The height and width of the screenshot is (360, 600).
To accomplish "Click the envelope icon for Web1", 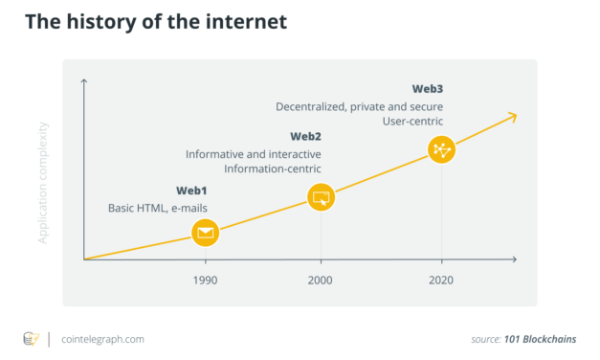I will [x=205, y=233].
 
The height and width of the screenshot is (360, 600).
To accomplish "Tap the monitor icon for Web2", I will [x=321, y=198].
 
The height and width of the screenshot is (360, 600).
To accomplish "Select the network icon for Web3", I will [x=441, y=149].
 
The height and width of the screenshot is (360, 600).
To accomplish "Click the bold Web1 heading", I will [x=191, y=191].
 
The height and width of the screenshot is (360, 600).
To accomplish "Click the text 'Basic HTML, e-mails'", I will [x=157, y=208].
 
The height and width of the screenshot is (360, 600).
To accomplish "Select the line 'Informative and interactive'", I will [x=254, y=154].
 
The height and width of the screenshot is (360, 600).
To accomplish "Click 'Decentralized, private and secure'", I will [x=359, y=106].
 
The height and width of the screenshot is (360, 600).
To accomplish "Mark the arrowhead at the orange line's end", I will [x=513, y=117].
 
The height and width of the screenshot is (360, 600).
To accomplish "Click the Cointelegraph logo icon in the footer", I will [x=31, y=339].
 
